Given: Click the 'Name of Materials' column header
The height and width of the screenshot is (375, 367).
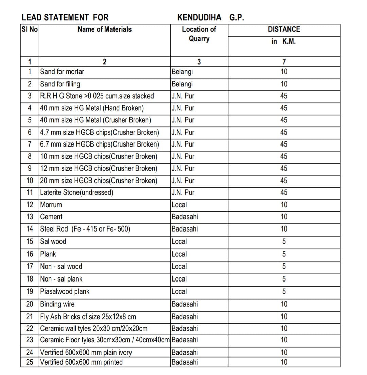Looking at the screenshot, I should click(x=104, y=29).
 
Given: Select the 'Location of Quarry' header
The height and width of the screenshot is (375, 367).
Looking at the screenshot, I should click(x=199, y=34).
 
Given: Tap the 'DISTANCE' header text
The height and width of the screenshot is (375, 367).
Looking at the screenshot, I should click(x=284, y=29).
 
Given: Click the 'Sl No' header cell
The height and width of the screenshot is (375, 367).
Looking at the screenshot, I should click(x=30, y=29).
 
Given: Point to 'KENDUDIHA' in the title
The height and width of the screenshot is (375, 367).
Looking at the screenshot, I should click(x=199, y=17).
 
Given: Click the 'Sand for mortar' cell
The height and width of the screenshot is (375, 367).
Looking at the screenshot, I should click(x=62, y=72).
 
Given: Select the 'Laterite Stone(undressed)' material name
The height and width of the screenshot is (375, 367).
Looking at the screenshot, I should click(x=77, y=192).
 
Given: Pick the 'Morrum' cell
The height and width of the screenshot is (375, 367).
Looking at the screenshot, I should click(x=51, y=205).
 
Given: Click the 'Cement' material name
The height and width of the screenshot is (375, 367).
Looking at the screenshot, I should click(x=51, y=217).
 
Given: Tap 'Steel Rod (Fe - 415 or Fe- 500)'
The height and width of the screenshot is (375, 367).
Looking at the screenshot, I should click(x=85, y=229).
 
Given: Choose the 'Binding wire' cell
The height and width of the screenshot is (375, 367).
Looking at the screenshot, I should click(x=57, y=304).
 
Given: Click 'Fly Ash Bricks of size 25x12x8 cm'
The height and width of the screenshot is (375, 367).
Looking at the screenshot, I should click(x=88, y=317).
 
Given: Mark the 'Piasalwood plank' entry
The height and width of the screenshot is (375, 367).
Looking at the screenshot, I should click(x=65, y=291).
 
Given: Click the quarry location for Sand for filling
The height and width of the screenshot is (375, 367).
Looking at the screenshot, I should click(x=182, y=84).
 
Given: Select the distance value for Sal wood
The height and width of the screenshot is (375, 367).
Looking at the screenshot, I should click(x=284, y=242).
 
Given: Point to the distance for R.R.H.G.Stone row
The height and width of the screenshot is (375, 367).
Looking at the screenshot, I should click(x=284, y=96).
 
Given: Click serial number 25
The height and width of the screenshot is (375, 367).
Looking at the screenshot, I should click(x=30, y=362).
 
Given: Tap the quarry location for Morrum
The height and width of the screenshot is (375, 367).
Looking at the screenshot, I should click(x=179, y=205).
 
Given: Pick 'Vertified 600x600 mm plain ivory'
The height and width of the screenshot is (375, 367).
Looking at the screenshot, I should click(x=86, y=352).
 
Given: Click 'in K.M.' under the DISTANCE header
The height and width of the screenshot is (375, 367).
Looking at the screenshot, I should click(x=284, y=41).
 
